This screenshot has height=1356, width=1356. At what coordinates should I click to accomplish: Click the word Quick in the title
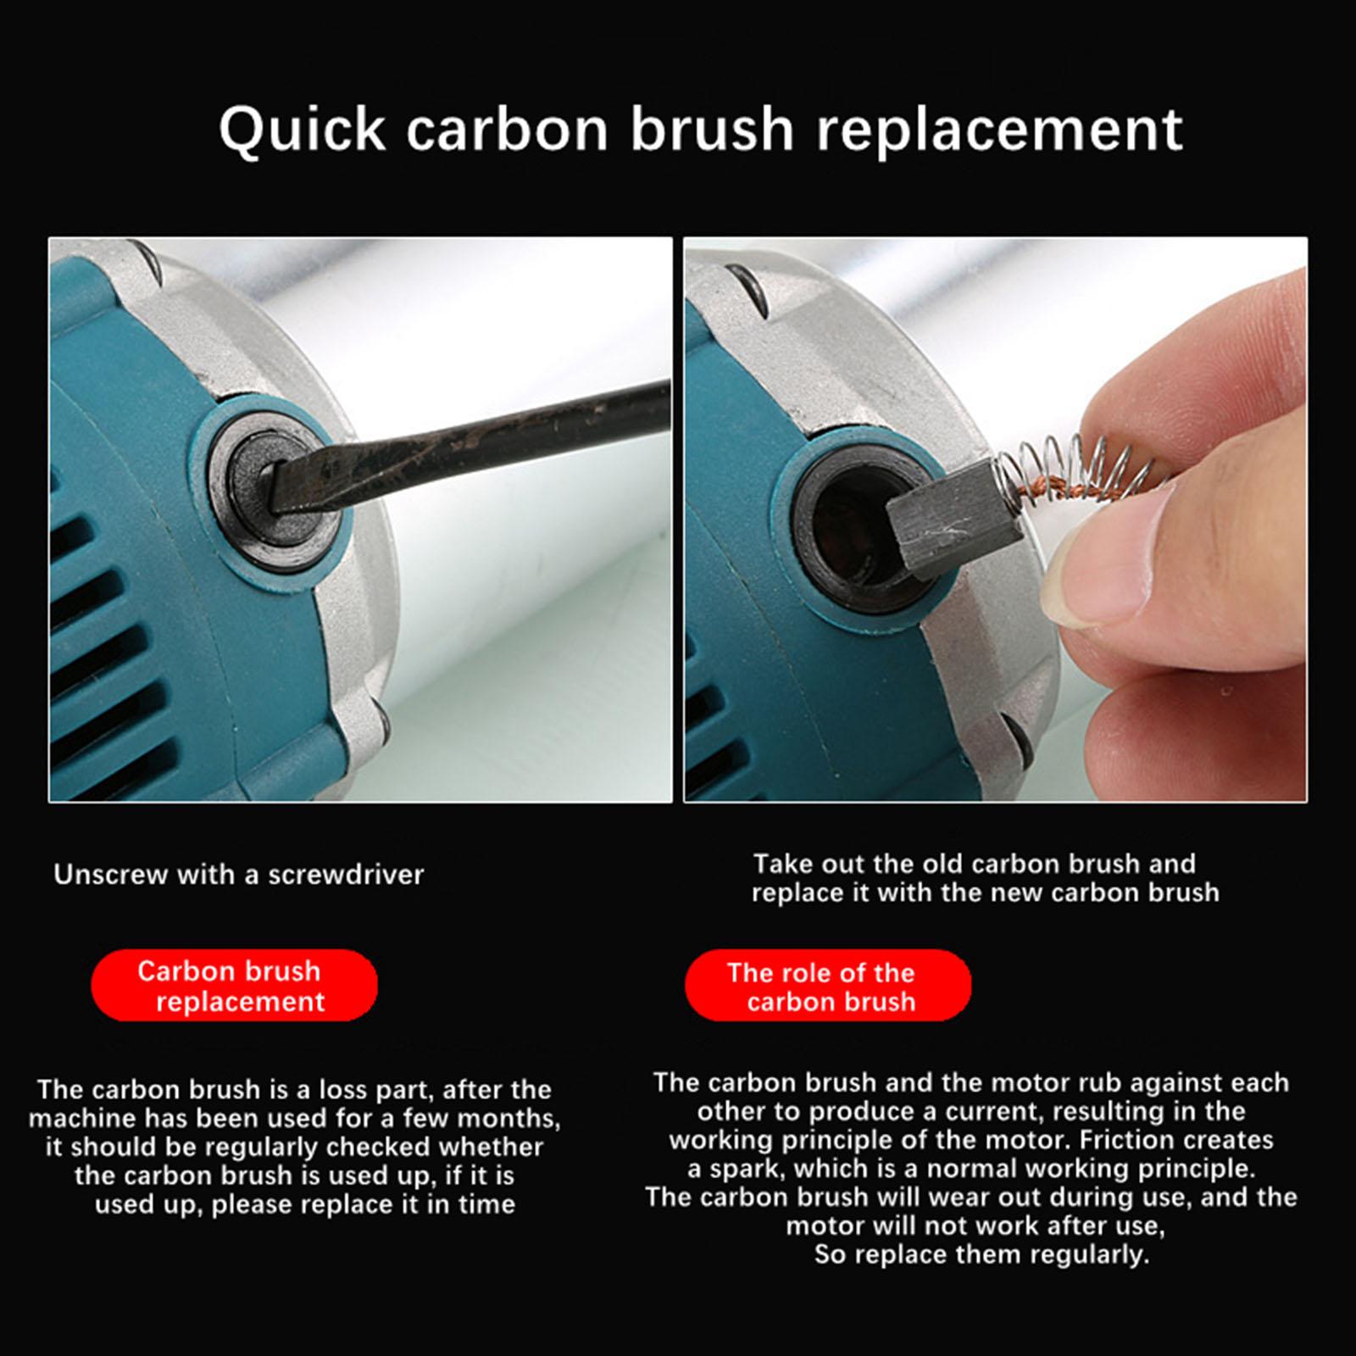point(302,130)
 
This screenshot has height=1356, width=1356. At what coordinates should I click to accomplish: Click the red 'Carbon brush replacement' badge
point(234,986)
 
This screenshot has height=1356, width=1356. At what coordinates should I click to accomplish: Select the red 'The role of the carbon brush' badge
point(828,986)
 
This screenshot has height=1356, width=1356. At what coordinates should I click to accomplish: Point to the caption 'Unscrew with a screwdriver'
point(238,874)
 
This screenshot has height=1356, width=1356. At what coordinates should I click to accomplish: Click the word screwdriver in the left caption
point(346,874)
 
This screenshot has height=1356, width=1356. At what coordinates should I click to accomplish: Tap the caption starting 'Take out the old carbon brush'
point(985,878)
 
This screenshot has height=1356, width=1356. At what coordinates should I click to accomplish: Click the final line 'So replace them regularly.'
point(981,1255)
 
